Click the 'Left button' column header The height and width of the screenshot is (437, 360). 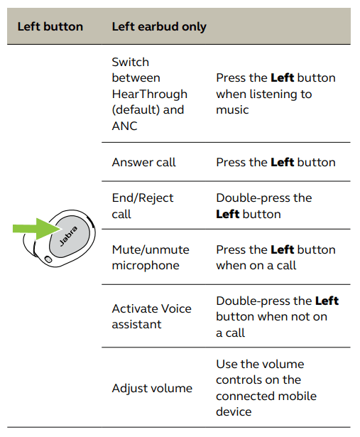pyautogui.click(x=50, y=27)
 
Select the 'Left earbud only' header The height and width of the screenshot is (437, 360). pyautogui.click(x=159, y=27)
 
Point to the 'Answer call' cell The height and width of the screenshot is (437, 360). pyautogui.click(x=143, y=163)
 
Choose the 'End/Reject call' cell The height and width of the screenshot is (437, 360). pyautogui.click(x=142, y=206)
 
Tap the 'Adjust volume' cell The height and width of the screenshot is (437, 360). pyautogui.click(x=152, y=388)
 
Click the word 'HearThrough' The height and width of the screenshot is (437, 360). pyautogui.click(x=149, y=94)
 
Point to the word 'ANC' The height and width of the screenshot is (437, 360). pyautogui.click(x=125, y=126)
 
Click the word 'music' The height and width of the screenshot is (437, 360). pyautogui.click(x=232, y=110)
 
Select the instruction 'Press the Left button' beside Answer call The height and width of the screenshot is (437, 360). pyautogui.click(x=276, y=163)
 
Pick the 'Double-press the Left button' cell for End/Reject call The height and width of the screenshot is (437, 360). pyautogui.click(x=263, y=206)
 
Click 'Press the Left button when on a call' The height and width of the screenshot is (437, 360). pyautogui.click(x=276, y=257)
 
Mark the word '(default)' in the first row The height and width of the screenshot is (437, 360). pyautogui.click(x=134, y=110)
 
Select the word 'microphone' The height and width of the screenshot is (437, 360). pyautogui.click(x=146, y=266)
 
